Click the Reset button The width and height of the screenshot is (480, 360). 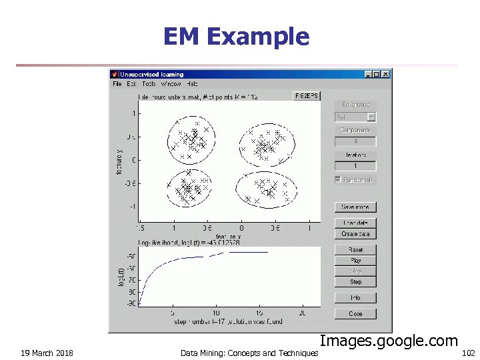[x=356, y=249]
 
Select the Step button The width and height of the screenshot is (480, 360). [x=356, y=282]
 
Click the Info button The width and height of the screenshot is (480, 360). [x=356, y=298]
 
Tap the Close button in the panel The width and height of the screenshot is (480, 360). [x=356, y=313]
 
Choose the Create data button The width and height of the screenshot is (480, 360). [x=356, y=234]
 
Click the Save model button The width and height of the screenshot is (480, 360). [x=356, y=207]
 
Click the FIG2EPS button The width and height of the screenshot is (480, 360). [x=307, y=96]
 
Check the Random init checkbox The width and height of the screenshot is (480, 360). [x=339, y=180]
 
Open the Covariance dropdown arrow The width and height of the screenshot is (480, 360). [x=371, y=117]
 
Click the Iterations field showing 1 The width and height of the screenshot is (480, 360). [x=356, y=166]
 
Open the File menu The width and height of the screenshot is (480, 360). [x=117, y=84]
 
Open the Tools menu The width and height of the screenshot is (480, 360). [x=148, y=84]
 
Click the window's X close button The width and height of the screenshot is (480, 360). [x=386, y=74]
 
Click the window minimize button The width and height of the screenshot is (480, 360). [x=369, y=74]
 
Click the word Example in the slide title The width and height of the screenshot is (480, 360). [x=258, y=36]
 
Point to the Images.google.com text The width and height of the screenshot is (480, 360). [x=389, y=341]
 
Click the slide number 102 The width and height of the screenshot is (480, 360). [x=468, y=353]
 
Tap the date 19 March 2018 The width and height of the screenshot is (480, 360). [x=47, y=353]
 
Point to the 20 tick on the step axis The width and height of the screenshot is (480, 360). [x=302, y=313]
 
